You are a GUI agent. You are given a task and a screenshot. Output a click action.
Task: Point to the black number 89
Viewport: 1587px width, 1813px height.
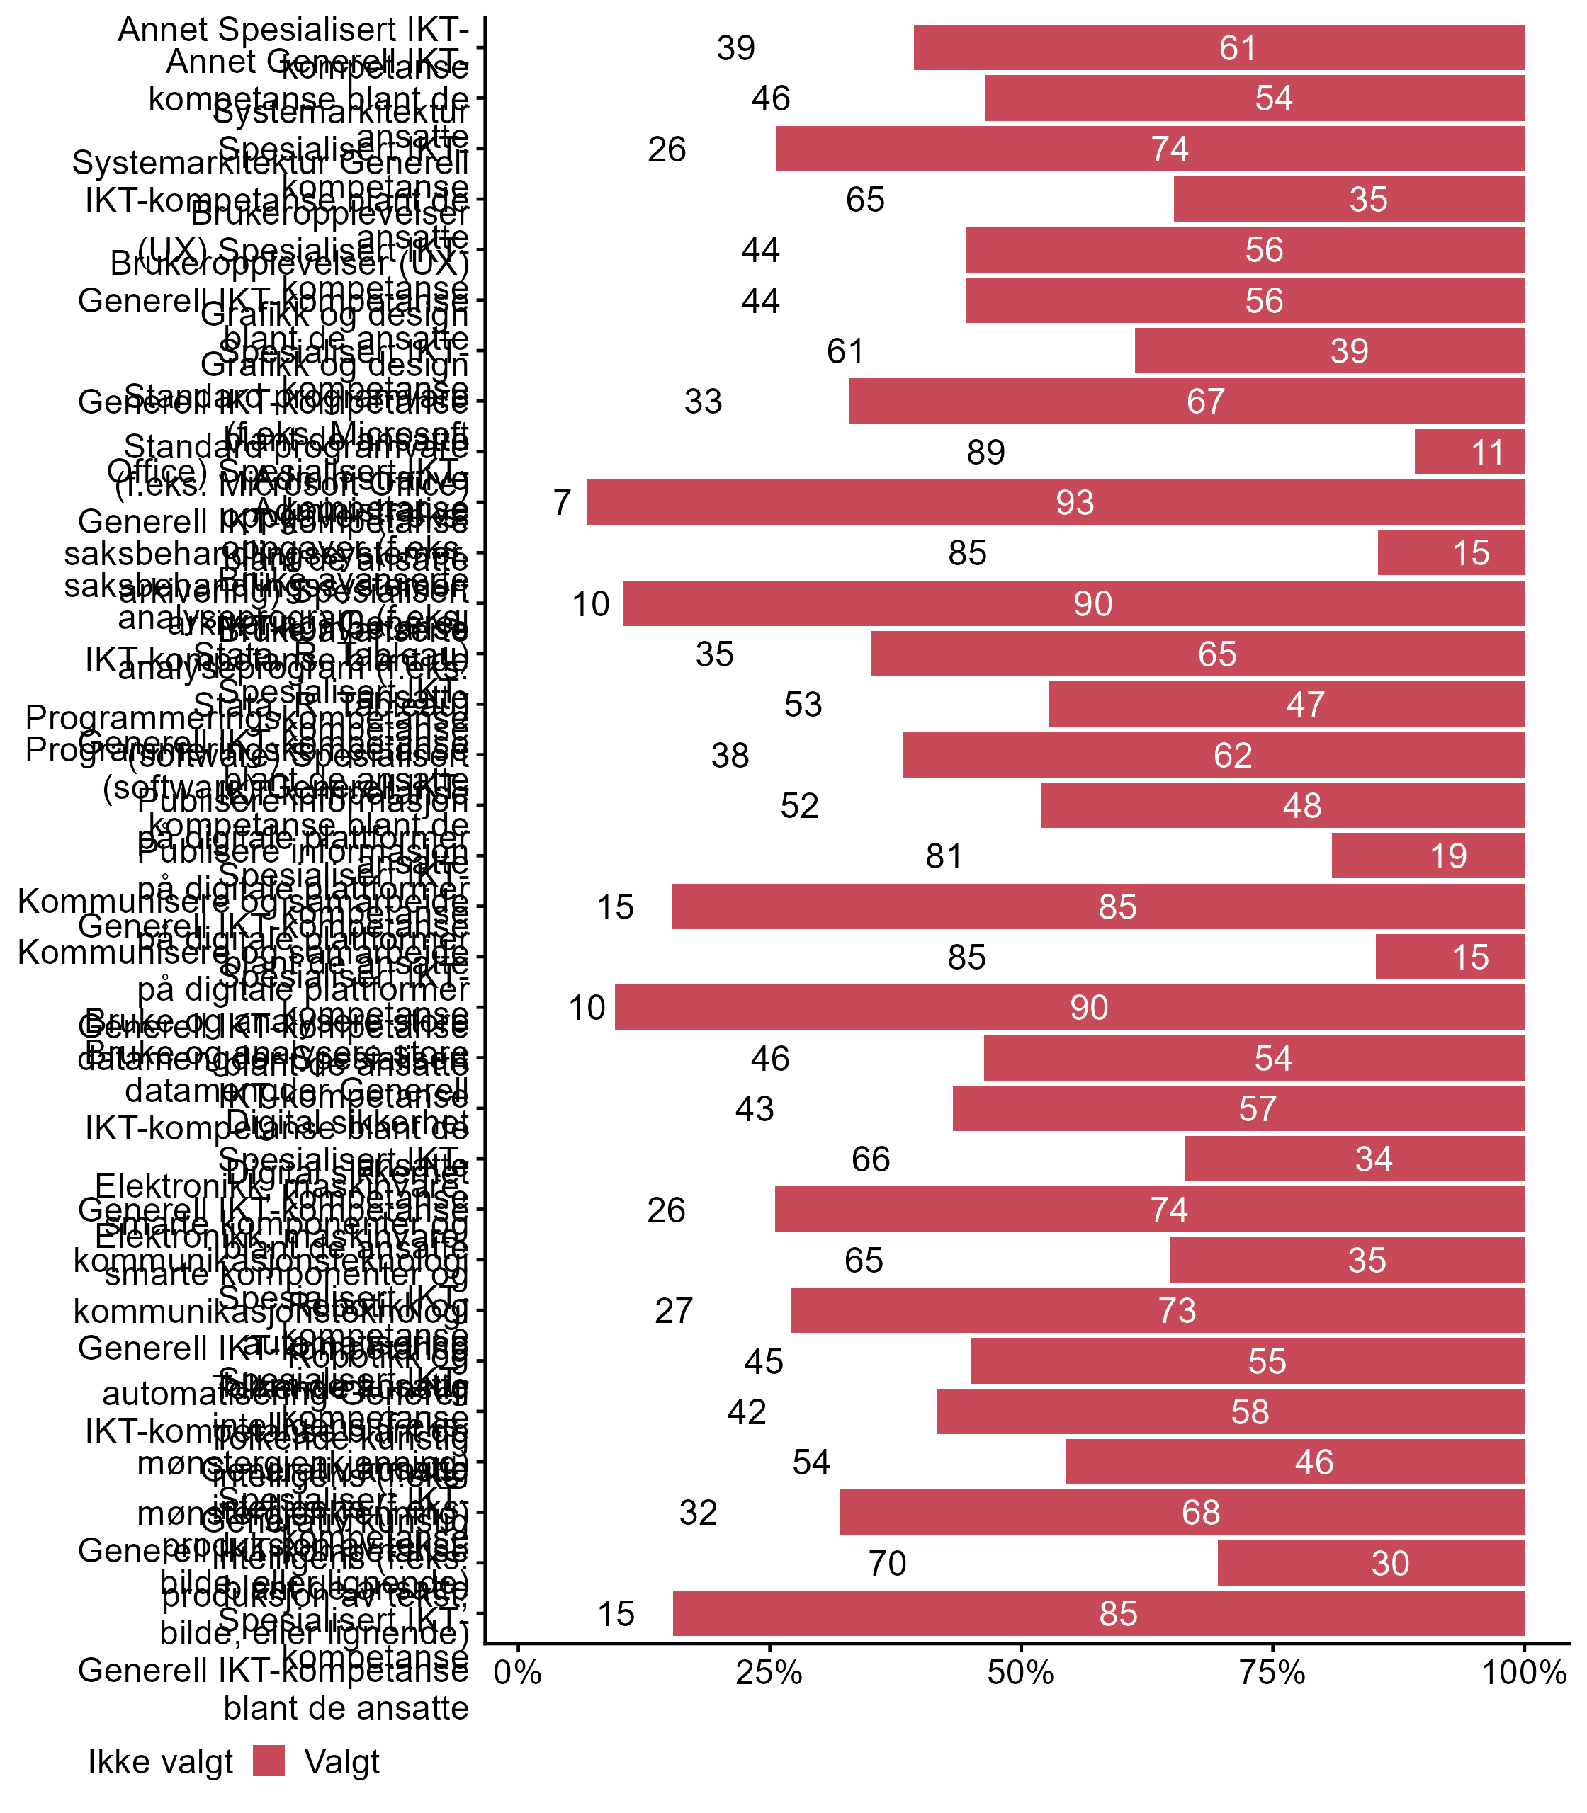[985, 453]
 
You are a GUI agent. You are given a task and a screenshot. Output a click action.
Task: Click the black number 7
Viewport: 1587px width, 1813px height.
[561, 503]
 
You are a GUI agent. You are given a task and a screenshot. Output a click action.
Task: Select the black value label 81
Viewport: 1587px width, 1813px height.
[943, 856]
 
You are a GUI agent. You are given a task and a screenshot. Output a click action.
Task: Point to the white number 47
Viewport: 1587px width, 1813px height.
[1304, 705]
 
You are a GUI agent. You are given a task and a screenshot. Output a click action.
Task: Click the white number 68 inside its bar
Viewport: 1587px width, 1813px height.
[1201, 1513]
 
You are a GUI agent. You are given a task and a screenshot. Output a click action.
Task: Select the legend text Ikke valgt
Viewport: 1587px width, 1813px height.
[160, 1762]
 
